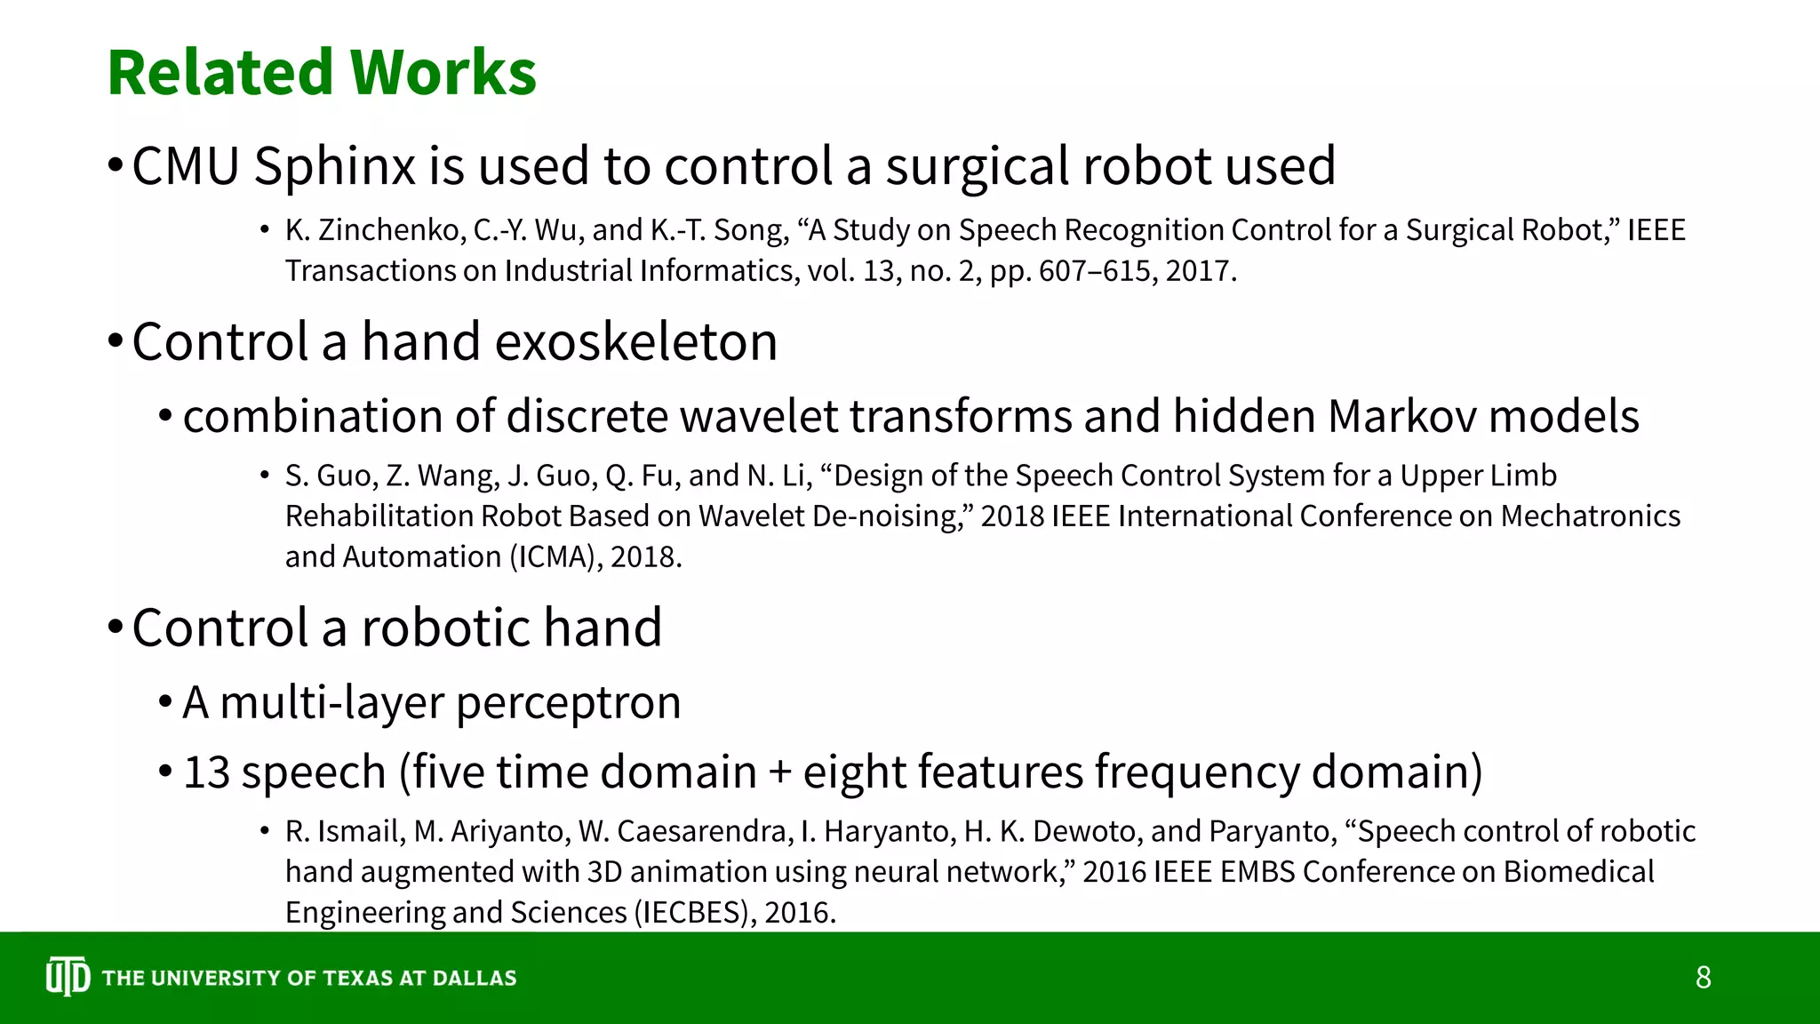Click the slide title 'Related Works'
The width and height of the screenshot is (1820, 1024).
click(x=322, y=72)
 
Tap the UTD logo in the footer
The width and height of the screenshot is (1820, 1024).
click(x=68, y=977)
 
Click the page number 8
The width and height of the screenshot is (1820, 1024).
click(x=1703, y=977)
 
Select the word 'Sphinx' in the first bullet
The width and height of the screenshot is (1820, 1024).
click(x=334, y=166)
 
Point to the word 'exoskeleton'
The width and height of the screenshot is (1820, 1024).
click(x=635, y=342)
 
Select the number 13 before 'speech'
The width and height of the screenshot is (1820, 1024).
click(x=206, y=772)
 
